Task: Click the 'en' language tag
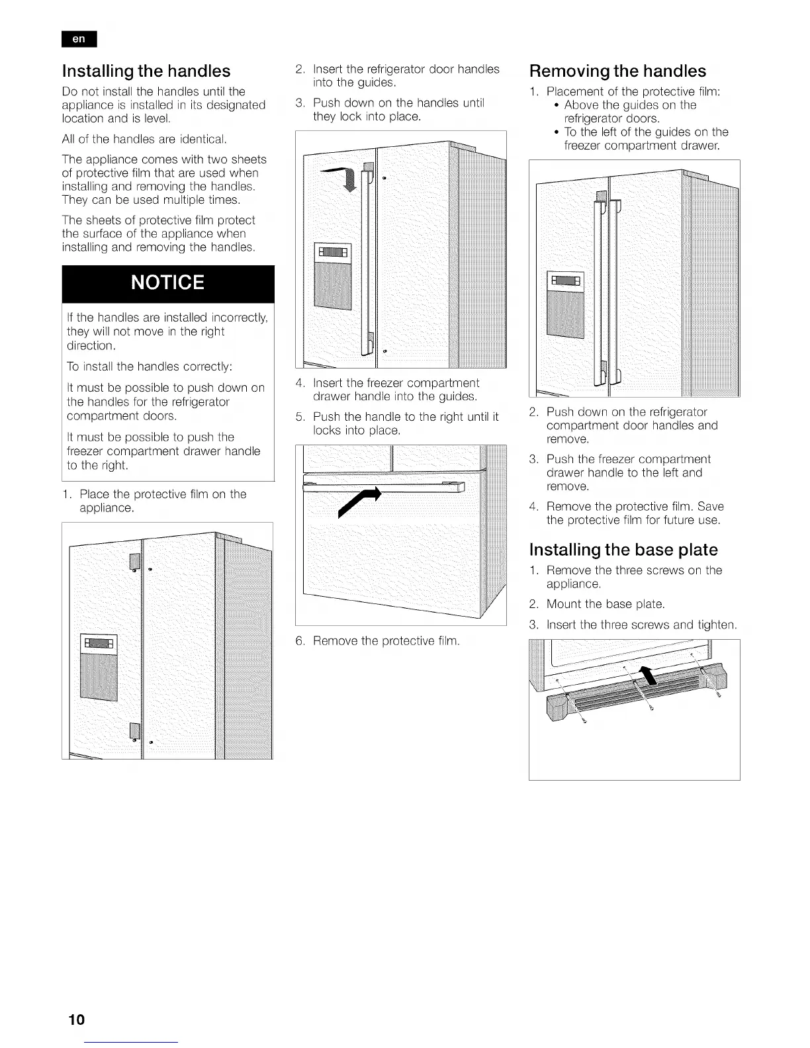tap(79, 39)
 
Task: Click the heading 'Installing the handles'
tap(146, 71)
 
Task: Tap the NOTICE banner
tap(168, 283)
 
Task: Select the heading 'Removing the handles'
tap(618, 71)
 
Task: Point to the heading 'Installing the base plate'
tap(623, 550)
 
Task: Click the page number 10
tap(76, 1019)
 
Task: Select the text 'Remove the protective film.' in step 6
tap(386, 641)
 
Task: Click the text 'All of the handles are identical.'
tap(144, 139)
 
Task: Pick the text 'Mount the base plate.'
tap(605, 604)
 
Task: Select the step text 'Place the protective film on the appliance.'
tap(162, 501)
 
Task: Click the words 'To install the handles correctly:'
tap(149, 367)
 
